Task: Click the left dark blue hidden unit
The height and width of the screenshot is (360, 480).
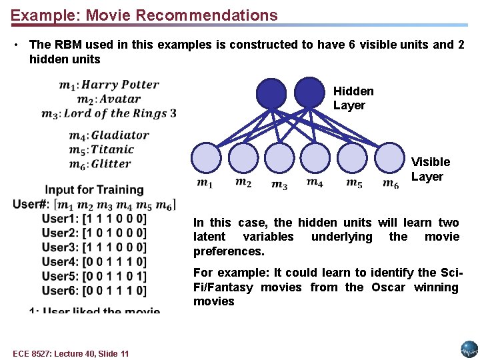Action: [x=271, y=93]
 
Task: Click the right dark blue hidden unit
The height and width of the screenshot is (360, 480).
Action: [x=308, y=93]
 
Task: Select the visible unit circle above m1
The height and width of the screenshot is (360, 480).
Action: [x=205, y=159]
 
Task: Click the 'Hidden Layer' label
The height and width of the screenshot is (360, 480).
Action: [x=353, y=98]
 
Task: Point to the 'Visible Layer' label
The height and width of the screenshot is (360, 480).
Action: [x=430, y=169]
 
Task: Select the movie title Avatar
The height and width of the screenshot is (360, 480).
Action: [x=121, y=99]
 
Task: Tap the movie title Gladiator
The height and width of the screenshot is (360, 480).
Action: [x=119, y=135]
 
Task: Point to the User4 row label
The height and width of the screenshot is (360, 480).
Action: [x=59, y=262]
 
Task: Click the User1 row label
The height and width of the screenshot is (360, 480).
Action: [x=59, y=219]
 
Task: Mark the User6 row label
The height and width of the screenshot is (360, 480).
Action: [x=59, y=291]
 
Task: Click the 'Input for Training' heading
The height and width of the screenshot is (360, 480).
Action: [x=94, y=190]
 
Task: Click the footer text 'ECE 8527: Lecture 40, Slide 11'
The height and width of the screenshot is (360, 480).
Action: [x=71, y=353]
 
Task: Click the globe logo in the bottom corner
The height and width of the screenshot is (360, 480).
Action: [x=469, y=349]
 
